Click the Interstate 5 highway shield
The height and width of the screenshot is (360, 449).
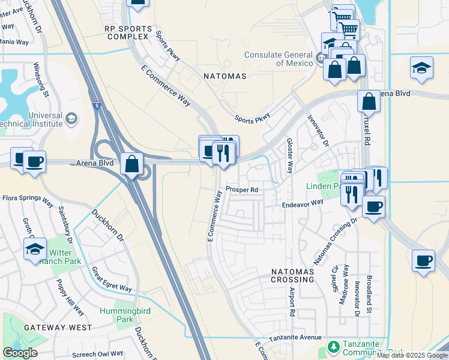coord(96,104)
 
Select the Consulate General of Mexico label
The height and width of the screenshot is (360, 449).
coord(278,58)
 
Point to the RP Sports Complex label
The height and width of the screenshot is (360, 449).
coord(128,32)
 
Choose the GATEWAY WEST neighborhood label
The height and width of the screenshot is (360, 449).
coord(58,328)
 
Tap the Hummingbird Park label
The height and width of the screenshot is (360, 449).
coord(116,316)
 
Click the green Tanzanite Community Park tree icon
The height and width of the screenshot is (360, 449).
coord(333,347)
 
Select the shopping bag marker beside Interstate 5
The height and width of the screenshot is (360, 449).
coord(131,164)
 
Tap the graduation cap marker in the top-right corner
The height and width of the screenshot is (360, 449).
coord(422,68)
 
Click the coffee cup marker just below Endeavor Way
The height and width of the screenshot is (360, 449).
coord(373,208)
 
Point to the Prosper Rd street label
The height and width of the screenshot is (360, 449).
coord(242,190)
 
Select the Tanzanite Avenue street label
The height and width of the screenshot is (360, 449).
coord(295,338)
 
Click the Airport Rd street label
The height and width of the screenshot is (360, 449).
coord(292,301)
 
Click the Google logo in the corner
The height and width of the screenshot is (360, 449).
coord(20,353)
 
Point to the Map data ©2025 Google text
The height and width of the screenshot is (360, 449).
coord(412,355)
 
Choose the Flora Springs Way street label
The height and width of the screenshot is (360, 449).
coord(28,197)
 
